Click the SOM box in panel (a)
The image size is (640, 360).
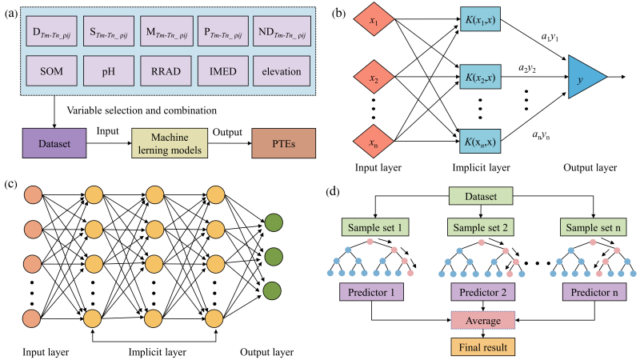(54, 71)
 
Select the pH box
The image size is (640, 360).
(110, 71)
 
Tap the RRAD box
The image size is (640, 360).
(166, 71)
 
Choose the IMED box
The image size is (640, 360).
(222, 71)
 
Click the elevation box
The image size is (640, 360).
(278, 71)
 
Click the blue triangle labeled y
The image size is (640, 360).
(586, 78)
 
